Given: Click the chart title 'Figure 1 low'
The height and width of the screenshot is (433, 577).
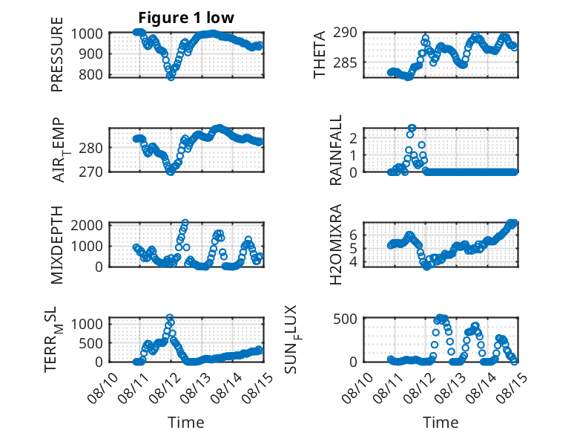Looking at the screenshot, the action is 186,18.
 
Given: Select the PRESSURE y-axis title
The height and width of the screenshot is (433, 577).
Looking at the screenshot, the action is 57,54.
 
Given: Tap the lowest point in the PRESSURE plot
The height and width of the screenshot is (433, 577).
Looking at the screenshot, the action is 171,76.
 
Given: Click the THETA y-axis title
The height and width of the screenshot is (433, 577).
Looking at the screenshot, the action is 320,54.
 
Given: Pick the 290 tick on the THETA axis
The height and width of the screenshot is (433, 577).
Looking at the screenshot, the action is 345,33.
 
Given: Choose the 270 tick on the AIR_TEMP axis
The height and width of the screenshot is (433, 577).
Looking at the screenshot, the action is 90,172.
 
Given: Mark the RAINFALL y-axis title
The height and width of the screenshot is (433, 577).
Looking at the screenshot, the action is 336,150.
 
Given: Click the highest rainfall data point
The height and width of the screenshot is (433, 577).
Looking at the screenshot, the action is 412,128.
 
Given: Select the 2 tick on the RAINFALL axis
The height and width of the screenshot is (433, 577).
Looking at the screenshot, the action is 354,138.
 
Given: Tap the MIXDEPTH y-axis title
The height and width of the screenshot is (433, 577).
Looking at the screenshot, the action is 57,245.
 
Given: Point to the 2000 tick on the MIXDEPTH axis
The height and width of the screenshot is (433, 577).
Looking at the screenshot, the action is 87,225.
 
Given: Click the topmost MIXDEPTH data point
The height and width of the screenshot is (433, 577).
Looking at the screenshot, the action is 185,223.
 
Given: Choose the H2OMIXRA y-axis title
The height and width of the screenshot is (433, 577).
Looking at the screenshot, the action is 336,244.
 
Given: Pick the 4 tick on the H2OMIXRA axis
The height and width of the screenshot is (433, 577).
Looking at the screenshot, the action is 354,262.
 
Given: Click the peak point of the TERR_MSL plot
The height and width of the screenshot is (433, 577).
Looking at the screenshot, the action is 170,317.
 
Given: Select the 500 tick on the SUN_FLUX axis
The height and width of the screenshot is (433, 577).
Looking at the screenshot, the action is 345,319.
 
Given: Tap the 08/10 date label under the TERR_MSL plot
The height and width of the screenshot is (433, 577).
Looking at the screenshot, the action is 103,387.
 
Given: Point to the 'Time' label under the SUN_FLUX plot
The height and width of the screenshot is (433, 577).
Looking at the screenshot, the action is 441,423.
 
